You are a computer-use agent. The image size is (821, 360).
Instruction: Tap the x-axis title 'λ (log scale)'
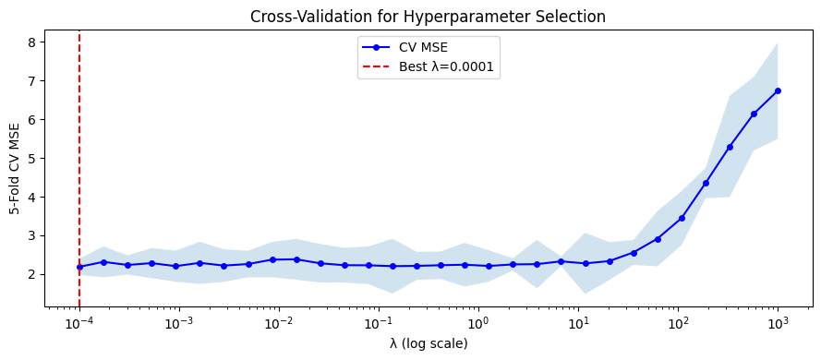click(x=429, y=343)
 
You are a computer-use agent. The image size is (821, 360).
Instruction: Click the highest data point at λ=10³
click(x=778, y=90)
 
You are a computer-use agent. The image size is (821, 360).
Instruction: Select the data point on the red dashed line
click(x=79, y=267)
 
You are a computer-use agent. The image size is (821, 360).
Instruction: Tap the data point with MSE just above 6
click(x=754, y=114)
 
